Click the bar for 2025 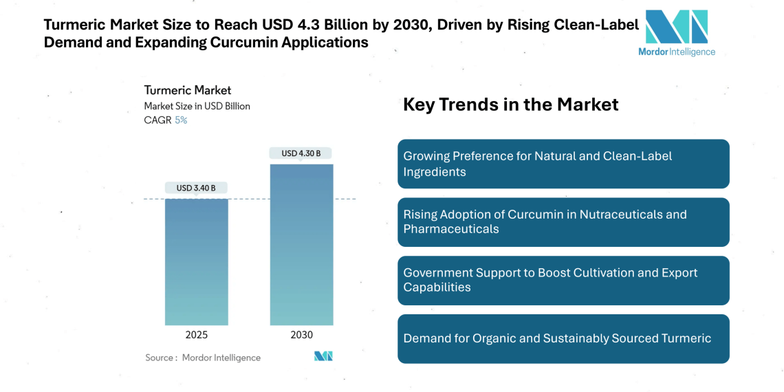coord(196,261)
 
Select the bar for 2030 coord(301,244)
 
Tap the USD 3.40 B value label coord(196,188)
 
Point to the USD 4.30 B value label coord(301,153)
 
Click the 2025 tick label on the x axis coord(196,335)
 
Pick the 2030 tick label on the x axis coord(301,335)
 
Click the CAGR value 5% coord(181,120)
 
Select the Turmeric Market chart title coord(187,90)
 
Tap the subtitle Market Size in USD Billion coord(197,106)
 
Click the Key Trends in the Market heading coord(510,105)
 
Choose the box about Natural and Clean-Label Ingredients coord(563,164)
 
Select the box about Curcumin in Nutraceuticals coord(563,221)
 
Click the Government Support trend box coord(563,280)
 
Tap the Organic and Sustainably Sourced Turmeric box coord(563,338)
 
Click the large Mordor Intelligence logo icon coord(676,27)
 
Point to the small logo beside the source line coord(323,356)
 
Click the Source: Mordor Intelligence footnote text coord(203,358)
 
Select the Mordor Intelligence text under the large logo coord(676,52)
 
